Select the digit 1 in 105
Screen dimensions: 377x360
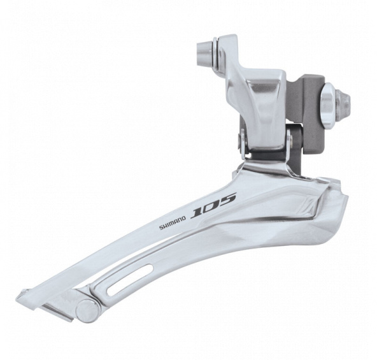[x=197, y=212]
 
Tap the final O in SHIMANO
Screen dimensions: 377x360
[x=184, y=218]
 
